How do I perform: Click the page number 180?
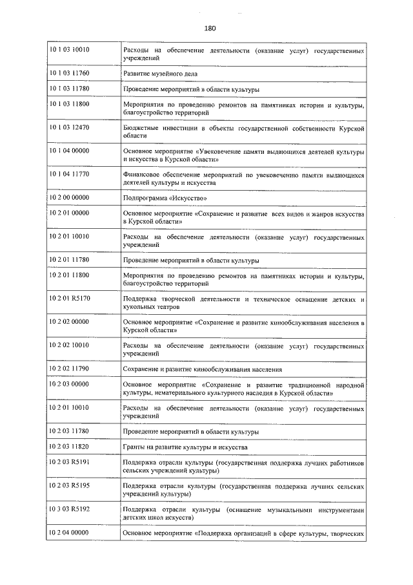pyautogui.click(x=209, y=28)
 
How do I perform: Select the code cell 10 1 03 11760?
pyautogui.click(x=69, y=73)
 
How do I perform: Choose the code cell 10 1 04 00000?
pyautogui.click(x=69, y=151)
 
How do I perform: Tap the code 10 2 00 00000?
pyautogui.click(x=69, y=198)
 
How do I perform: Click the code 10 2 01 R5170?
pyautogui.click(x=69, y=299)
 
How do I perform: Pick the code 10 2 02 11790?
pyautogui.click(x=69, y=368)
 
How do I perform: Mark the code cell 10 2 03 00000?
pyautogui.click(x=69, y=384)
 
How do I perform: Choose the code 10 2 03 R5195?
pyautogui.click(x=69, y=485)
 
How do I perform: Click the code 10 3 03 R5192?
pyautogui.click(x=69, y=509)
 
